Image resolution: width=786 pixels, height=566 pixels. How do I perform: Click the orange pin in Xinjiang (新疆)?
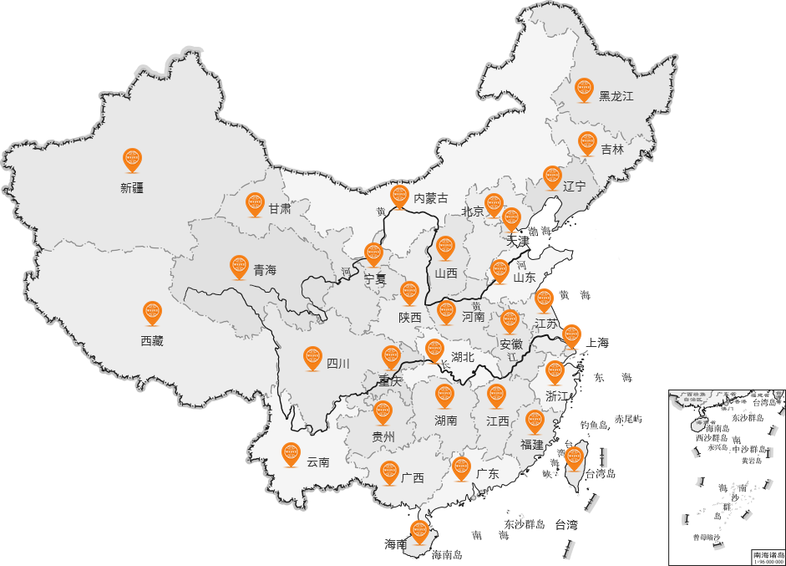(132, 159)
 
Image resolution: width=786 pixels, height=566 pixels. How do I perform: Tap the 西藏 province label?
(152, 340)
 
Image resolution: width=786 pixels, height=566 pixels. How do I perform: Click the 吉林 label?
(612, 150)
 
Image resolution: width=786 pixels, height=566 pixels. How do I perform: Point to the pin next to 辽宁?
(552, 176)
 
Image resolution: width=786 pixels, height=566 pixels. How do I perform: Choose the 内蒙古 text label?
(431, 198)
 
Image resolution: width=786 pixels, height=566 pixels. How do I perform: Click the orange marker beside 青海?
(239, 266)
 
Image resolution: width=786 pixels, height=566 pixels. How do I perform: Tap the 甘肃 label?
(280, 208)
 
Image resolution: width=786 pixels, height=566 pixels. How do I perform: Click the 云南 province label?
(317, 461)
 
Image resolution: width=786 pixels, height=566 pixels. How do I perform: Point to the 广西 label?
(413, 478)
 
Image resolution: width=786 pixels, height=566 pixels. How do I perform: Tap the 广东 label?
(488, 474)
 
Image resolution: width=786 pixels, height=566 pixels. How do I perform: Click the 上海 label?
(598, 342)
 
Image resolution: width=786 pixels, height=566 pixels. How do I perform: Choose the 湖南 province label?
(446, 421)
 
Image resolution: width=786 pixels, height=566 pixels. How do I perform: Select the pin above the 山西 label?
(445, 247)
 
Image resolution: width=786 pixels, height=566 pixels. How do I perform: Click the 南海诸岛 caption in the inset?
(768, 554)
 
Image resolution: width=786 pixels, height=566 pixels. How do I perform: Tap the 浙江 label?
(556, 395)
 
